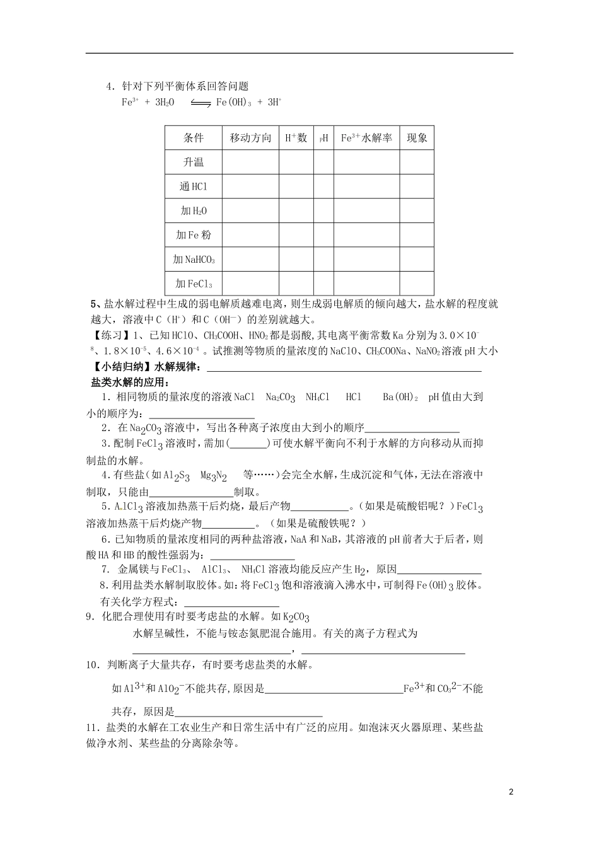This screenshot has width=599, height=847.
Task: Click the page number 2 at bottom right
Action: click(511, 792)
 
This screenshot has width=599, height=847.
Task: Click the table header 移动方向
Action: click(250, 138)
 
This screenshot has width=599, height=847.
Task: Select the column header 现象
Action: click(417, 138)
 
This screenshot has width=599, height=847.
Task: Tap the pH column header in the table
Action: click(323, 139)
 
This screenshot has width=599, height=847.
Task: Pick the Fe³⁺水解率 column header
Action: click(366, 138)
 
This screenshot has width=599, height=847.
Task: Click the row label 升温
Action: click(194, 162)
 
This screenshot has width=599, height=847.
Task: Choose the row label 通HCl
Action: click(194, 187)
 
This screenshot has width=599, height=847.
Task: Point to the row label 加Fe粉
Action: click(194, 235)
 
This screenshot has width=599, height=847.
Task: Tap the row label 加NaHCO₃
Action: click(194, 259)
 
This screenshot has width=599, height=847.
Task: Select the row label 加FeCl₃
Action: click(194, 283)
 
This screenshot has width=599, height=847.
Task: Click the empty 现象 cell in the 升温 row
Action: click(417, 162)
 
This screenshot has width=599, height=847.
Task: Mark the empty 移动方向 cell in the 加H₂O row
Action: click(250, 210)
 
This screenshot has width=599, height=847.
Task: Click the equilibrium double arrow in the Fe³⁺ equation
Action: click(200, 103)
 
